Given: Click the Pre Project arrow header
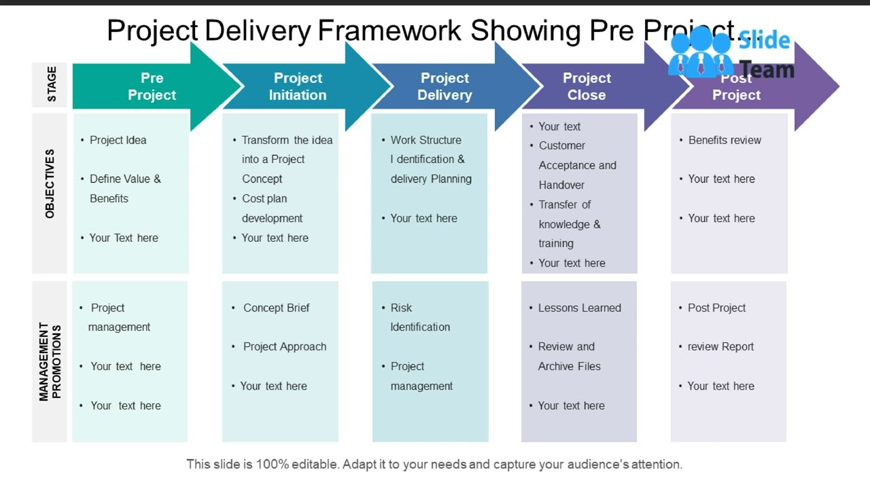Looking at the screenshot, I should point(152,87).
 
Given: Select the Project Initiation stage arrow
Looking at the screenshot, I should point(298,87).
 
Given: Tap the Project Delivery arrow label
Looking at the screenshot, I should point(445,87).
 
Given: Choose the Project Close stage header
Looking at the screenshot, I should point(587,87).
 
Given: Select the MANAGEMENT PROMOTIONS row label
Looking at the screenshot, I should point(50,361).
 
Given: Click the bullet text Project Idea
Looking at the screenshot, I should point(118,140).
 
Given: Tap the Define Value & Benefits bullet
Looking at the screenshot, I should point(124,188).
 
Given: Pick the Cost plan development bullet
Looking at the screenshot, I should point(272,208).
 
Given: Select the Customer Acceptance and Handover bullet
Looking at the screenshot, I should point(576,165).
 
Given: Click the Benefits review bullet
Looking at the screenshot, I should point(724,140).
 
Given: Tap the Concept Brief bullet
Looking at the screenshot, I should point(276,308).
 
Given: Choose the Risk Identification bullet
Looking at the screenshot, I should point(419,317).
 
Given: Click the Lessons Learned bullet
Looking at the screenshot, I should point(579,308).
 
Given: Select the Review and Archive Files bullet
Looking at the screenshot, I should point(568,356).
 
